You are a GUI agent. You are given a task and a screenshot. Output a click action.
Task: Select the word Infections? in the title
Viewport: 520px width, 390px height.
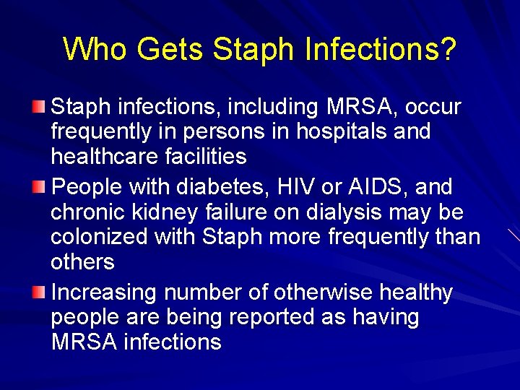point(381,50)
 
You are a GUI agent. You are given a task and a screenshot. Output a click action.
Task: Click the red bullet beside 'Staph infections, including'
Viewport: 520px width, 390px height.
point(40,108)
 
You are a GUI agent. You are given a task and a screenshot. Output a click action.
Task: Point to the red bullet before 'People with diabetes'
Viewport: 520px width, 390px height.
point(40,188)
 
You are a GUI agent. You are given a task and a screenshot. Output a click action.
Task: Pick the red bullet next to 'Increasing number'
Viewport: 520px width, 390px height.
point(40,292)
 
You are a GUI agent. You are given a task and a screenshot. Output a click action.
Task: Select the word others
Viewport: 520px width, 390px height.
point(82,261)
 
